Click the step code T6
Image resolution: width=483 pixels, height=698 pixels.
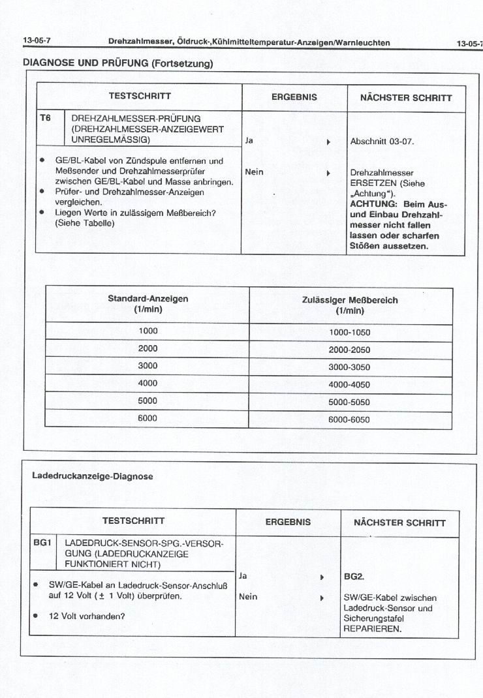coord(45,119)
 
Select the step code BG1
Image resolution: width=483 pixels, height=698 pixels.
coord(42,542)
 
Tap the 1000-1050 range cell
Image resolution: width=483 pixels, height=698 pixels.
coord(349,332)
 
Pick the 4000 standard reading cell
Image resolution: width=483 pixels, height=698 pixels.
coord(148,384)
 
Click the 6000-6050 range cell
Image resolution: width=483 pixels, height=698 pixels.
coord(349,419)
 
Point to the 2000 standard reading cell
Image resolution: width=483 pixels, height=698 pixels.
coord(148,348)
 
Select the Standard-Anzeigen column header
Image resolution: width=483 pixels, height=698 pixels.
coord(148,304)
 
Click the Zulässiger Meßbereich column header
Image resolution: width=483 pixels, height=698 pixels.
coord(350,305)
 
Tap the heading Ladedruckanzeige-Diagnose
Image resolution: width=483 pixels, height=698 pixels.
coord(93,476)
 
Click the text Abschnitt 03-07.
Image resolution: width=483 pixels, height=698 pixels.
coord(382,142)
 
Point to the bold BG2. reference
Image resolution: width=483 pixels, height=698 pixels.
coord(354,577)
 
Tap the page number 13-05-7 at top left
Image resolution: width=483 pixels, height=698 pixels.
coord(37,42)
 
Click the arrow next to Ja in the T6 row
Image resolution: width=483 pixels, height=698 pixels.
coord(328,142)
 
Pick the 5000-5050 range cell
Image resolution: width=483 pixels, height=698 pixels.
coord(349,402)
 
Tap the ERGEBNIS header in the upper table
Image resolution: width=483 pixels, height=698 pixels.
coord(294,97)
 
